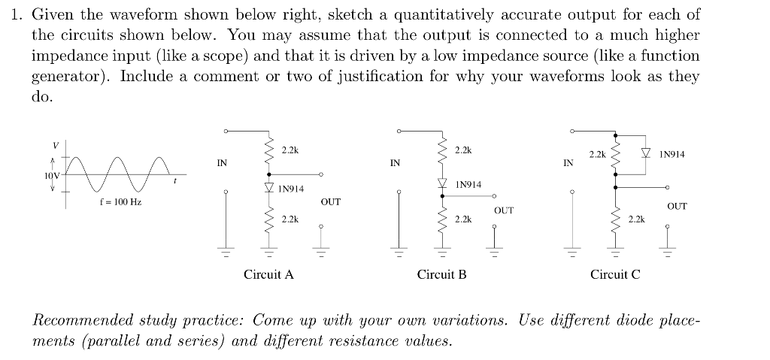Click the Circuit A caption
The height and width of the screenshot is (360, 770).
point(268,275)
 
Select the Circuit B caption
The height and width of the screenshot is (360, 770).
point(442,275)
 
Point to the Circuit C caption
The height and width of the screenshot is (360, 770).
point(615,275)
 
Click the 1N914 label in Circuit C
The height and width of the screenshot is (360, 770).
point(671,155)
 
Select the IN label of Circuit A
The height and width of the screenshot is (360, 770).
point(222,162)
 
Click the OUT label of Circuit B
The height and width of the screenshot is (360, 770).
point(504,210)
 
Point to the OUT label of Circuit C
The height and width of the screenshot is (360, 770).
point(677,205)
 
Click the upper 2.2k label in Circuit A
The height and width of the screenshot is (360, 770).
point(290,150)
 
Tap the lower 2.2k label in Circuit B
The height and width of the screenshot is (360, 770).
point(464,219)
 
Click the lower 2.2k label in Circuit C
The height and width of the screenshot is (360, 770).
point(636,219)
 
